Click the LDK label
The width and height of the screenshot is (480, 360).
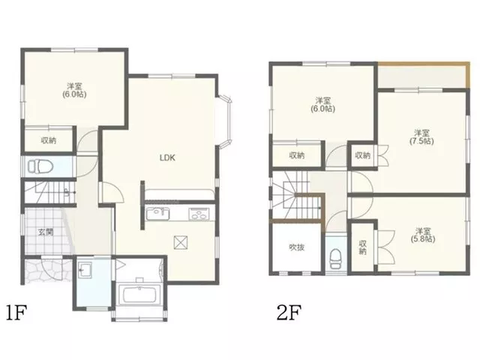pos(167,157)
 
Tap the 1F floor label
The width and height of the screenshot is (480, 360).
pos(16,312)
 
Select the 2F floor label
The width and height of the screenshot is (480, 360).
pos(289,312)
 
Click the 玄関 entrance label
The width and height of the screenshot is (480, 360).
pos(46,232)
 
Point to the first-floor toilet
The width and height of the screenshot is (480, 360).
pos(40,166)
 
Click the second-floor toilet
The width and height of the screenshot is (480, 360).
pos(335,259)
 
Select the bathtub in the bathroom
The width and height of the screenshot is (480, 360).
pos(139,295)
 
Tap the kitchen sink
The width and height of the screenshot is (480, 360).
pos(157,214)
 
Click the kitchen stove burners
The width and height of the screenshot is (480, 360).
pos(199,214)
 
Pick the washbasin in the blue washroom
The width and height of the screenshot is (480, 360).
pos(85,269)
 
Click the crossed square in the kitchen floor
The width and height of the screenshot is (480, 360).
pos(181,242)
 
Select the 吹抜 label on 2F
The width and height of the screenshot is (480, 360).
pos(297,247)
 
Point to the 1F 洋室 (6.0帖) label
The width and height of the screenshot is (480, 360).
pos(74,90)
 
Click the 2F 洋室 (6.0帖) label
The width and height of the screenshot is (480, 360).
pos(323,104)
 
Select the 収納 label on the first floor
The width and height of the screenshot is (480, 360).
pos(49,140)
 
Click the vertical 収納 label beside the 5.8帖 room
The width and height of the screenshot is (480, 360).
pos(363,247)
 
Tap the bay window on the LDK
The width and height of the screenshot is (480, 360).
pos(223,121)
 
